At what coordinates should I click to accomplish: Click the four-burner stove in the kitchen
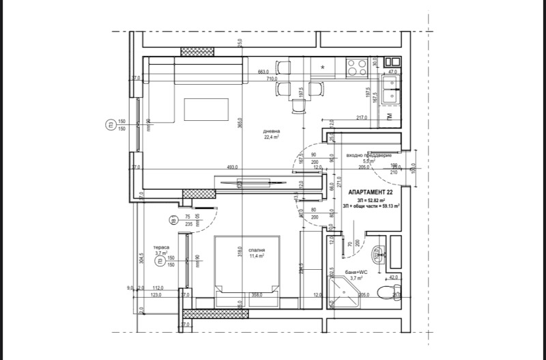tap(357, 67)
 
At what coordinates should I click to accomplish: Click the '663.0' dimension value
tap(263, 71)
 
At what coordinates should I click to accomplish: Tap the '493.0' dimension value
tap(232, 167)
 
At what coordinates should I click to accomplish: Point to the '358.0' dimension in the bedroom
tap(257, 294)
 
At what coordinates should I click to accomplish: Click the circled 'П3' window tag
tap(109, 125)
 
